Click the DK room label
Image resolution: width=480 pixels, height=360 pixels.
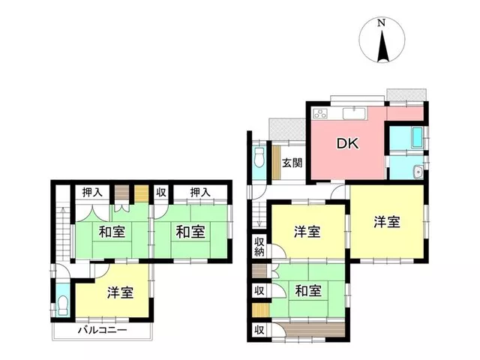(x=347, y=143)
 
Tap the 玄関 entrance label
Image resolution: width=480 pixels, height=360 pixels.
(x=292, y=163)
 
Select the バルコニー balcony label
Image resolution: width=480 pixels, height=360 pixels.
(x=102, y=330)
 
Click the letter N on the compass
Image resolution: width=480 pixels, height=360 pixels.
(x=381, y=23)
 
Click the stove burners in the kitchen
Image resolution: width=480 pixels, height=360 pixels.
(x=320, y=113)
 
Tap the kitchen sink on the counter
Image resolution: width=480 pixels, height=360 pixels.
(x=354, y=113)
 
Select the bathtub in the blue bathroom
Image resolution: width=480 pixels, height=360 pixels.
(x=417, y=137)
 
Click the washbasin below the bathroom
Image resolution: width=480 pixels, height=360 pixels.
(x=418, y=172)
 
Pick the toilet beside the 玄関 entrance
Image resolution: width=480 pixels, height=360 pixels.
(x=259, y=157)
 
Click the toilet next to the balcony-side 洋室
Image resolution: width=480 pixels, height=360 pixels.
(x=62, y=305)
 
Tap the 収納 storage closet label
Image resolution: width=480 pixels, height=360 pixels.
(x=259, y=247)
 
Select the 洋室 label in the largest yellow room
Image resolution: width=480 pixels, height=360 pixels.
(x=387, y=222)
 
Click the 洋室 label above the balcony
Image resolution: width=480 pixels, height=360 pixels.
(x=120, y=292)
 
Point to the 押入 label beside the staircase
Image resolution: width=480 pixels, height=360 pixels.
(x=92, y=192)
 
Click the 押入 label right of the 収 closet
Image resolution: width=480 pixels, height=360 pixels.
(x=200, y=192)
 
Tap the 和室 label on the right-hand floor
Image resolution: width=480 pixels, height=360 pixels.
(x=308, y=290)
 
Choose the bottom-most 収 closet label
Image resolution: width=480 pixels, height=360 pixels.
(x=259, y=330)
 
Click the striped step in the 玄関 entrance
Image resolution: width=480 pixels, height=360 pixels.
(x=276, y=163)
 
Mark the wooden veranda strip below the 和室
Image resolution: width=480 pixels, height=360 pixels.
(x=314, y=329)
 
